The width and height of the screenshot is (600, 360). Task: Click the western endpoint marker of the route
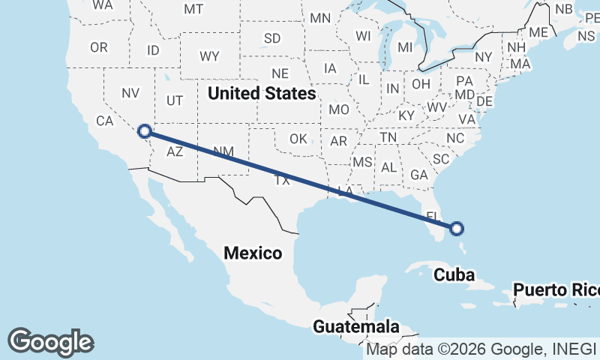point(145,132)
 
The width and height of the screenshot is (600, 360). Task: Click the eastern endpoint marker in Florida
point(456,229)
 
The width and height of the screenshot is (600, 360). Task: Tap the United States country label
point(262,94)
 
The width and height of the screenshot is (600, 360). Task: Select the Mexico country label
point(253,253)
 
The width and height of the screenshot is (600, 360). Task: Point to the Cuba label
point(454,275)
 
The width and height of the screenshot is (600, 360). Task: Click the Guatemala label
point(356,327)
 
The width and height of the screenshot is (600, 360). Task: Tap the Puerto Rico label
point(556,289)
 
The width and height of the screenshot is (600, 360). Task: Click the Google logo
point(50,342)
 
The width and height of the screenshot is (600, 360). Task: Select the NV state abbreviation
point(131,94)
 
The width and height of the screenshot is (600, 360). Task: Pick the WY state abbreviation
point(209,56)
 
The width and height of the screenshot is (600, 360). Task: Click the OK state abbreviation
point(298,139)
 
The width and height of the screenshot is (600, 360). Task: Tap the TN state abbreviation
point(388,138)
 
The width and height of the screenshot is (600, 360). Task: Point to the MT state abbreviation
point(193,9)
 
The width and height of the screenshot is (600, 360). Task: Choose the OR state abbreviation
point(99,47)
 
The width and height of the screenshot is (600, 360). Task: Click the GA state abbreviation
point(419,174)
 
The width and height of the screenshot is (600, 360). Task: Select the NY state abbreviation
point(483,57)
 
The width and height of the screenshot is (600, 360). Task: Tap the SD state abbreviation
point(272,37)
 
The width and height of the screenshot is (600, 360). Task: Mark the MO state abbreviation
point(339,109)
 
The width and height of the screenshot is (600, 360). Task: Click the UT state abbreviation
point(175,100)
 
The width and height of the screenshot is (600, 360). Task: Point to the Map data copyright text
point(481,349)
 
